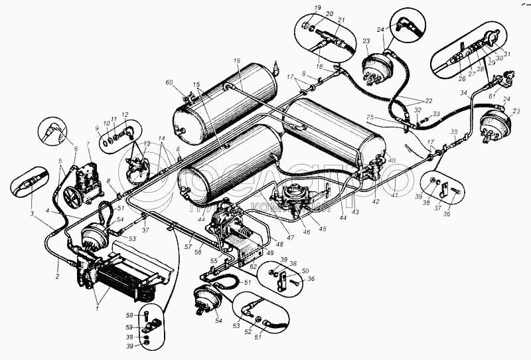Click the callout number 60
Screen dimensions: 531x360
pos(169,82)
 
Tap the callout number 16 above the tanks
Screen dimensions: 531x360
pos(236,61)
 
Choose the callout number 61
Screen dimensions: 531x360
pos(493,96)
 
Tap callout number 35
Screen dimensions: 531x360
pos(454,132)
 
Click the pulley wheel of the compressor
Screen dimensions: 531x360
pos(72,196)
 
